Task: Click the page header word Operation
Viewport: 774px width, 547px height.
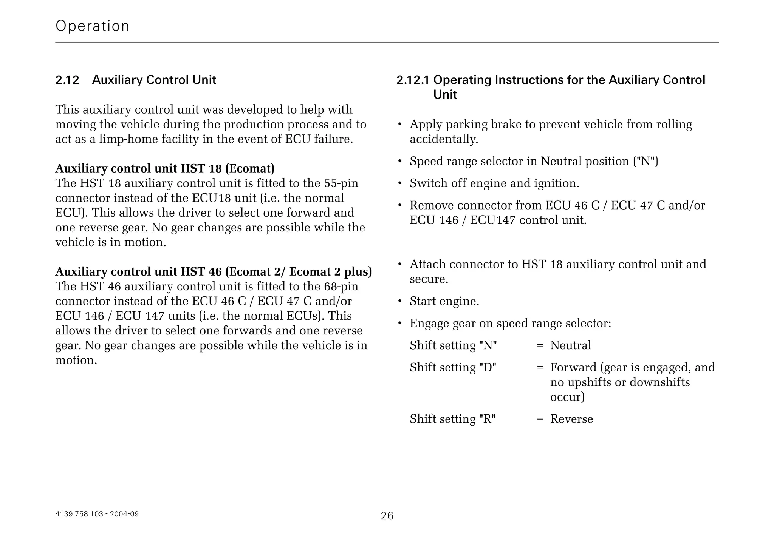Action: [x=92, y=26]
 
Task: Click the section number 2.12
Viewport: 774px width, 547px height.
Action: [x=67, y=80]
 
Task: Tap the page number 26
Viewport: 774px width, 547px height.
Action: [x=387, y=516]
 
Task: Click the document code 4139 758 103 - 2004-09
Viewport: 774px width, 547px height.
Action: [x=97, y=514]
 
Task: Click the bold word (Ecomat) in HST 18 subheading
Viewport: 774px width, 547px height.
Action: [x=249, y=168]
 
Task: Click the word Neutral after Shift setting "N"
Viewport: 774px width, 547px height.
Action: [x=570, y=345]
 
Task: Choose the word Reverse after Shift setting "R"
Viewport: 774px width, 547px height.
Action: [x=571, y=419]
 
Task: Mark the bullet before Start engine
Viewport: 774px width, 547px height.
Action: [x=399, y=302]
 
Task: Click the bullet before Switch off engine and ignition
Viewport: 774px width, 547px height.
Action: [x=399, y=184]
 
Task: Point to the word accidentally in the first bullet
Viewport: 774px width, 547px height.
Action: [x=444, y=139]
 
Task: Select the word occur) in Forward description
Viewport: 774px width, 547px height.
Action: [x=567, y=397]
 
